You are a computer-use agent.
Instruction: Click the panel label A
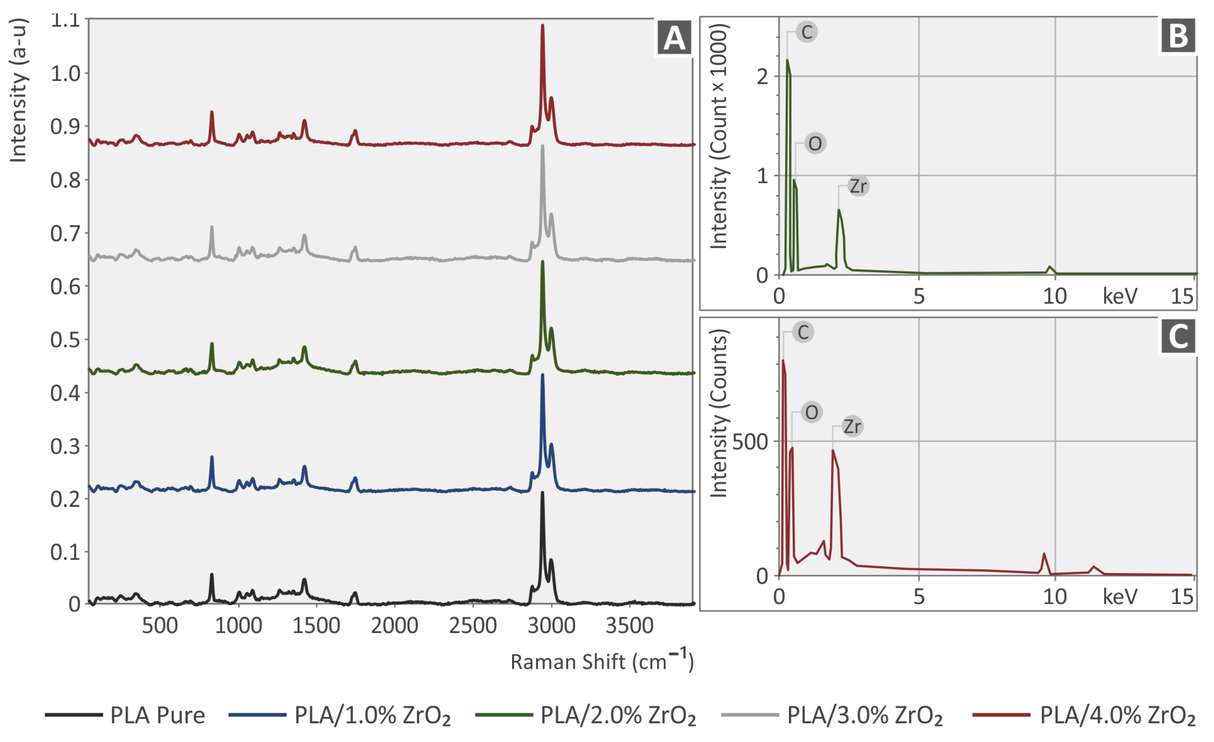pos(674,38)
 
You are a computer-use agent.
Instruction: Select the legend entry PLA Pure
pos(157,716)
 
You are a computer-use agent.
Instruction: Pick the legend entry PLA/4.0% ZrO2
pos(1117,716)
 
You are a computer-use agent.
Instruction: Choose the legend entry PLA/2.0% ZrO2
pos(618,716)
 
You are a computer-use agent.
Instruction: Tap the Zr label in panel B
pos(858,186)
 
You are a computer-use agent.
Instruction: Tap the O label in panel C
pos(811,412)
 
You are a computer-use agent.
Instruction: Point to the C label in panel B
pos(807,32)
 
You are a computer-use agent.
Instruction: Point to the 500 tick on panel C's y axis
pos(750,442)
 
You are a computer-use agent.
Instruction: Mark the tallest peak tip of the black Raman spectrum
pos(543,492)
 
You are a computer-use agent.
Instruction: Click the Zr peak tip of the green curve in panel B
pos(838,210)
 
